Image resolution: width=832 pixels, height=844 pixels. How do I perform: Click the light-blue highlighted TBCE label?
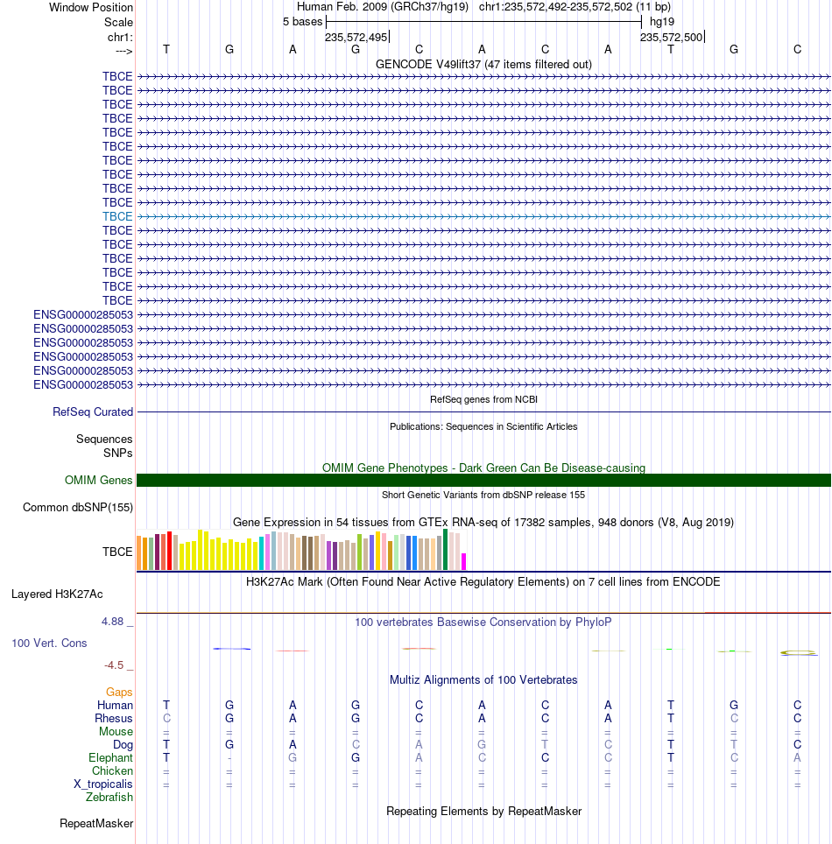[117, 216]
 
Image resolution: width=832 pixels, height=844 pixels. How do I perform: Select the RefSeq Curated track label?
[93, 411]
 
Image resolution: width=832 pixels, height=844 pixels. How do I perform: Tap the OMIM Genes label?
[99, 480]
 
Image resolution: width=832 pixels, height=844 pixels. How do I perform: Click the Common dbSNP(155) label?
[78, 508]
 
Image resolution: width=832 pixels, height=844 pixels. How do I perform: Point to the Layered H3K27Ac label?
[57, 594]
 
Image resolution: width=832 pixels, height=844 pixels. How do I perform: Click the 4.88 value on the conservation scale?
[113, 622]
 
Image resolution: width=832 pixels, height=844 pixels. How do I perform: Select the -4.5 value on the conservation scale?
[114, 665]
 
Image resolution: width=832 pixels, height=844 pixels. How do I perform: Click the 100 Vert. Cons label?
[49, 644]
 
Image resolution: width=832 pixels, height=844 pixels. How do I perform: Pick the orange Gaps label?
[119, 693]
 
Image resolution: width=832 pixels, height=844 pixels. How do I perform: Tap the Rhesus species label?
[114, 719]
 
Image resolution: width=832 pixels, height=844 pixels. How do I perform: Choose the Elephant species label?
[110, 758]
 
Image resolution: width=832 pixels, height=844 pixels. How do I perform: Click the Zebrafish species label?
[109, 798]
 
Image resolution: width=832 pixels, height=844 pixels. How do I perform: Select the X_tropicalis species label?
[102, 784]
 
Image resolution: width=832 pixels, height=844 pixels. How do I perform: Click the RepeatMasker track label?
[96, 824]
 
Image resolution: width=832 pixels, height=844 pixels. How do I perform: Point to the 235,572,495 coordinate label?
[356, 37]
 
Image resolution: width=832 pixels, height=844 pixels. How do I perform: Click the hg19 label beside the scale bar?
[662, 22]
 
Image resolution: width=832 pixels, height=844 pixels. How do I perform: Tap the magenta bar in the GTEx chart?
[463, 561]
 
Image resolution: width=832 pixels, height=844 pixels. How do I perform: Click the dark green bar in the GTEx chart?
[446, 550]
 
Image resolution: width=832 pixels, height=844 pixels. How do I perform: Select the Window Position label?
[91, 8]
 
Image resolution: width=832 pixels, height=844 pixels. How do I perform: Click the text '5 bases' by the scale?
[303, 22]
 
